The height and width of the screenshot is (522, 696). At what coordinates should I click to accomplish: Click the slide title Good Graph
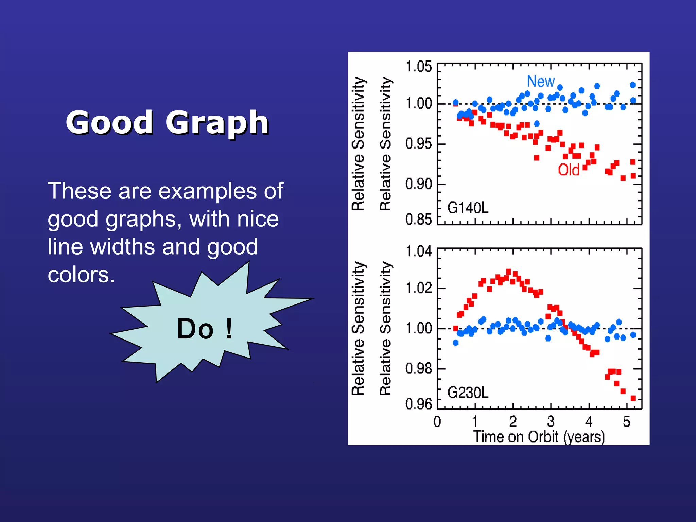(x=167, y=122)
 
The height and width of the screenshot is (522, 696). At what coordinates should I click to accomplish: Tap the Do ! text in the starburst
(x=205, y=329)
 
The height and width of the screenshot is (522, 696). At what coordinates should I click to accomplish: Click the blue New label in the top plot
(x=540, y=81)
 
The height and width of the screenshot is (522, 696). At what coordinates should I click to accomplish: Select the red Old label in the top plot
(x=569, y=170)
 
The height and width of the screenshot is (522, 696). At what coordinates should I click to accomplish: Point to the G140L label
(x=468, y=208)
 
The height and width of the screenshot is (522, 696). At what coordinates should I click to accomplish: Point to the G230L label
(x=468, y=393)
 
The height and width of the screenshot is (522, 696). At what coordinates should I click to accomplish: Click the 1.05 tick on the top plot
(x=419, y=67)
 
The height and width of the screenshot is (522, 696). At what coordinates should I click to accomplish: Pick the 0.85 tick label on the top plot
(x=419, y=220)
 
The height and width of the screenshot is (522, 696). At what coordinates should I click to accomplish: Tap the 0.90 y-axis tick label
(x=419, y=184)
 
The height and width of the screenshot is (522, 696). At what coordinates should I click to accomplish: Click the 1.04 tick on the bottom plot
(x=419, y=251)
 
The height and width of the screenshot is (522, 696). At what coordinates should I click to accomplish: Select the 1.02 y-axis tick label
(x=419, y=288)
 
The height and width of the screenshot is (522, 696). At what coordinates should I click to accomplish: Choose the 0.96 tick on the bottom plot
(x=419, y=404)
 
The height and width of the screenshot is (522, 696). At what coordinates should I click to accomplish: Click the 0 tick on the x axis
(x=437, y=422)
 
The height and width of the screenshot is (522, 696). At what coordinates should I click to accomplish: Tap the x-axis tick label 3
(x=551, y=422)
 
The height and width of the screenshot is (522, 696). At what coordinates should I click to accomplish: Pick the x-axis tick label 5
(x=627, y=422)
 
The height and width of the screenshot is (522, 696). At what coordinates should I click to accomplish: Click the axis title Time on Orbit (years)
(x=539, y=437)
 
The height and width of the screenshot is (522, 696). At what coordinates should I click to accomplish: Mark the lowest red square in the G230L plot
(x=633, y=398)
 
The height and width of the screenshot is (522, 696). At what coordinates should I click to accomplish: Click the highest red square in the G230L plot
(x=508, y=272)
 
